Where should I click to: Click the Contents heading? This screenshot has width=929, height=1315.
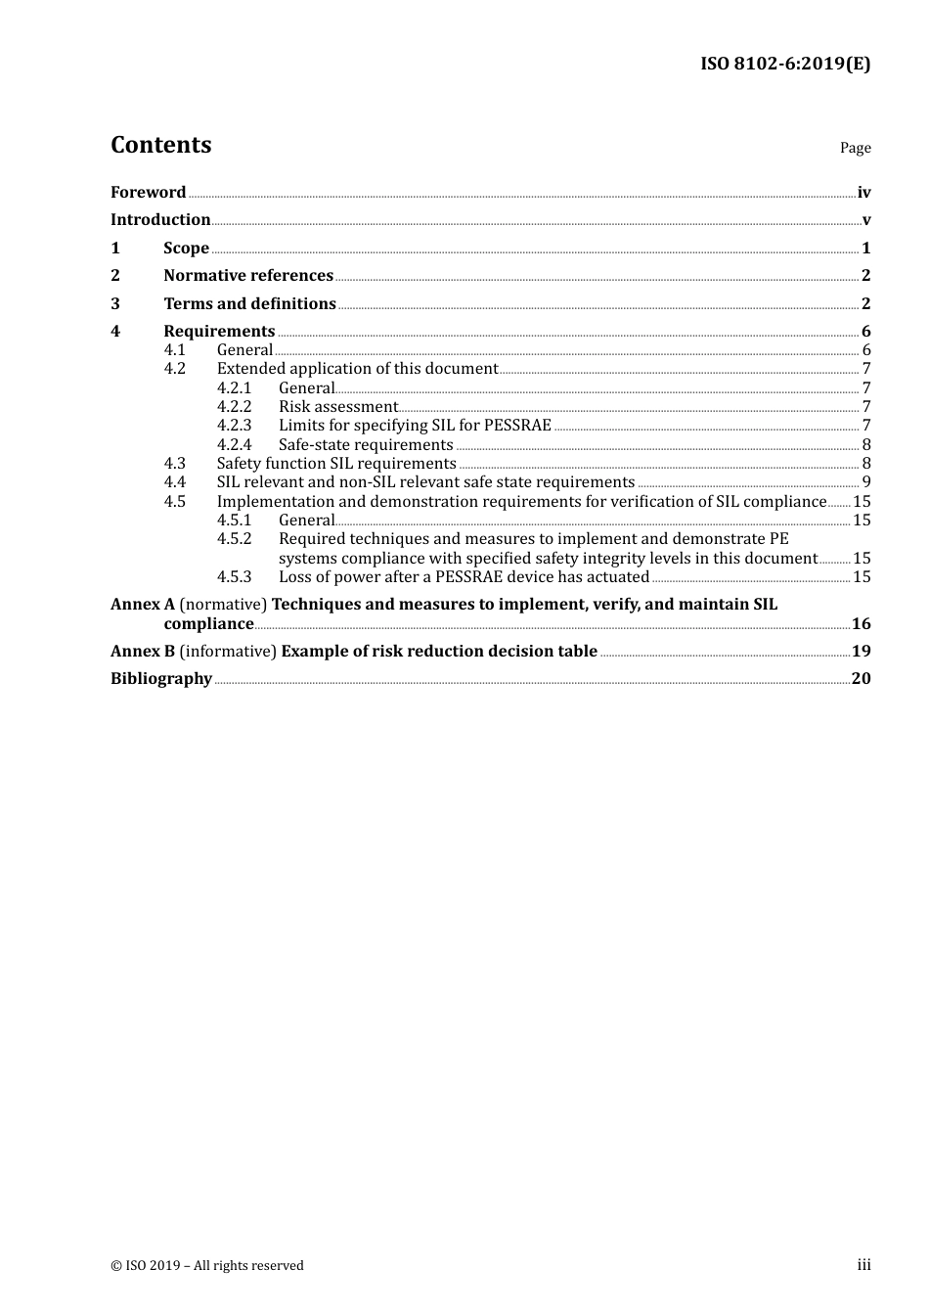click(x=160, y=145)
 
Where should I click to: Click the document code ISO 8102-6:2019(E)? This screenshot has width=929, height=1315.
click(x=784, y=65)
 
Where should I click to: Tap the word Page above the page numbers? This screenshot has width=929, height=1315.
click(x=855, y=148)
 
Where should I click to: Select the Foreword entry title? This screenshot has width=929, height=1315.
click(x=148, y=193)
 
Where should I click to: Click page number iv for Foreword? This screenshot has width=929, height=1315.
click(x=863, y=193)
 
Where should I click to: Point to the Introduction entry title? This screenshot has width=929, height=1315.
click(x=160, y=220)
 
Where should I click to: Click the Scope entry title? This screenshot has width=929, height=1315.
click(x=186, y=249)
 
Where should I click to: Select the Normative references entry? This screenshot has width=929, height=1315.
click(x=248, y=276)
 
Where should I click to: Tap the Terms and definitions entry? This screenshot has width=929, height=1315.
click(x=249, y=304)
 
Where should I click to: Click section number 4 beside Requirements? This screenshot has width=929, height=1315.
click(x=115, y=332)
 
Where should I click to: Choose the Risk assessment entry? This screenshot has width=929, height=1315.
click(x=337, y=407)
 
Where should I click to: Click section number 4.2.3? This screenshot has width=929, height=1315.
click(x=234, y=426)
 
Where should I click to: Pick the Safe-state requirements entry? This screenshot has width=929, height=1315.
click(x=366, y=445)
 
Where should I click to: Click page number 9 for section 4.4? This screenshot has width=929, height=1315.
click(x=866, y=482)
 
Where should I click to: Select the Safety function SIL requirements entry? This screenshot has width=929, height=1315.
click(x=336, y=464)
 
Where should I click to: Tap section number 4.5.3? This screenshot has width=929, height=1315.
click(x=234, y=577)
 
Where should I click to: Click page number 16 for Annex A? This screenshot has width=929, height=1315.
click(x=861, y=624)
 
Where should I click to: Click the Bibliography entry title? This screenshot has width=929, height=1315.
click(x=161, y=679)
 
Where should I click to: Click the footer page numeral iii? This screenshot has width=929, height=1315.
click(x=863, y=1265)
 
